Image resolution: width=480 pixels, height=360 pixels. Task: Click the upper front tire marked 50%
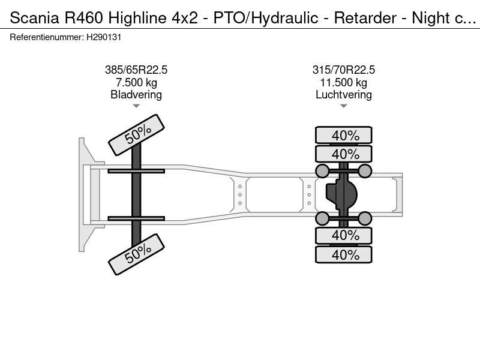click(x=136, y=136)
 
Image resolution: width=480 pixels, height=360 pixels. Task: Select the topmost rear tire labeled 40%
click(x=344, y=135)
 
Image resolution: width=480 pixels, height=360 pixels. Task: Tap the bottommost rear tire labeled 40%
click(x=344, y=254)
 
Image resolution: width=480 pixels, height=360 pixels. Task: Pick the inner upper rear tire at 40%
click(x=344, y=154)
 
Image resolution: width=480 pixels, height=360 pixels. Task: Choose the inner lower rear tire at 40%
click(x=344, y=235)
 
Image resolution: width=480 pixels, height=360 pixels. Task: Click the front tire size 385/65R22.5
click(x=136, y=70)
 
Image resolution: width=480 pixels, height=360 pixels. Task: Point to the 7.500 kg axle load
click(x=136, y=83)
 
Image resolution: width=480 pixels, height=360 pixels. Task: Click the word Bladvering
click(x=136, y=95)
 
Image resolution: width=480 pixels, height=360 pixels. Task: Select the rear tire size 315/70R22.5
click(x=344, y=70)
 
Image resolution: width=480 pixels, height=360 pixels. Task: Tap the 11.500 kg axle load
click(x=344, y=83)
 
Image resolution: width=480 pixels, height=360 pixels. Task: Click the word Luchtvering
click(x=344, y=95)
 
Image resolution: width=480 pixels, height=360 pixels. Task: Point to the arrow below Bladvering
click(x=136, y=106)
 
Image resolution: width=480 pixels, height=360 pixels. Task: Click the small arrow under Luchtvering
click(x=344, y=106)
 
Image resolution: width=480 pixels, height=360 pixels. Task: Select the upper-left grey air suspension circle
click(x=322, y=172)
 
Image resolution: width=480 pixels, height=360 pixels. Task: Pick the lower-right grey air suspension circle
click(x=365, y=218)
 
